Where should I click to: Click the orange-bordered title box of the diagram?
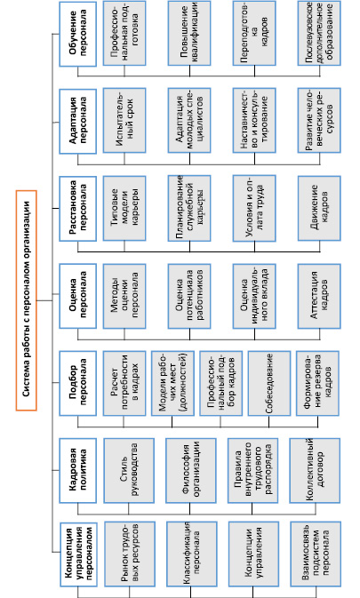27,300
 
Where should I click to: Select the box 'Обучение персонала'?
78,34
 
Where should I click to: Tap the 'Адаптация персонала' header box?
78,121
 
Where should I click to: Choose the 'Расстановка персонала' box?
78,208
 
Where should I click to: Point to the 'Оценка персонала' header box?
78,296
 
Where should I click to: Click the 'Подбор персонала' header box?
78,383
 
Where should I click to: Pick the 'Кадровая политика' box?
78,470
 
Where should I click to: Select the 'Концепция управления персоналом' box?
78,554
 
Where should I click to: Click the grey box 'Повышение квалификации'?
189,33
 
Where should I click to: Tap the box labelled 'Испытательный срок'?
124,121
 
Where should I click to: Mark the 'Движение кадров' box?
319,208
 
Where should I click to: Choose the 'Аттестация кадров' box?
319,296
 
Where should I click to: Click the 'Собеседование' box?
269,383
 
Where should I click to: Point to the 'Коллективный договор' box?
315,470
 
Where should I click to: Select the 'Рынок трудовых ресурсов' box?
130,554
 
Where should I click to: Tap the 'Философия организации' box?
191,470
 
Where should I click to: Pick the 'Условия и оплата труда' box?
254,208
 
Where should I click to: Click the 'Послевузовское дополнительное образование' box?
319,33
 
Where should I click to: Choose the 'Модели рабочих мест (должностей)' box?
172,383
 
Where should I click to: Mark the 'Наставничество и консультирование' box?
254,121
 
